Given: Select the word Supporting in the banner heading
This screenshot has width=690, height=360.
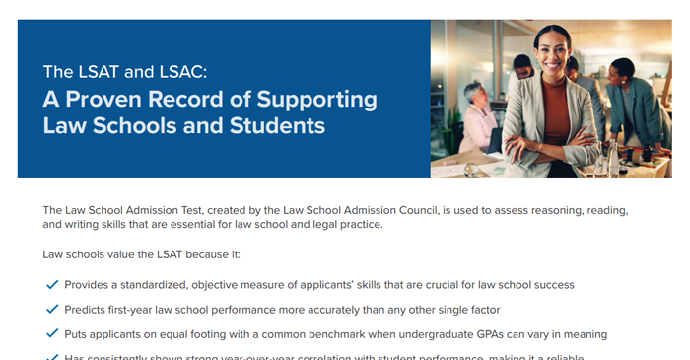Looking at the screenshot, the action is coord(317,100).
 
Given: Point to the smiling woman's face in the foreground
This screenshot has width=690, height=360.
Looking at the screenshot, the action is coord(553,48).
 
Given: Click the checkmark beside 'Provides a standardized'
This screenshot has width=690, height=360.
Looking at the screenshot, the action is coord(52,285).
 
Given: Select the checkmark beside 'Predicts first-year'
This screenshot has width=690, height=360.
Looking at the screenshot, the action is coord(52,310).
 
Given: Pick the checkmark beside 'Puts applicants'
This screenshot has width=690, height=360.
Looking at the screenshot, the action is coord(52,334).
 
